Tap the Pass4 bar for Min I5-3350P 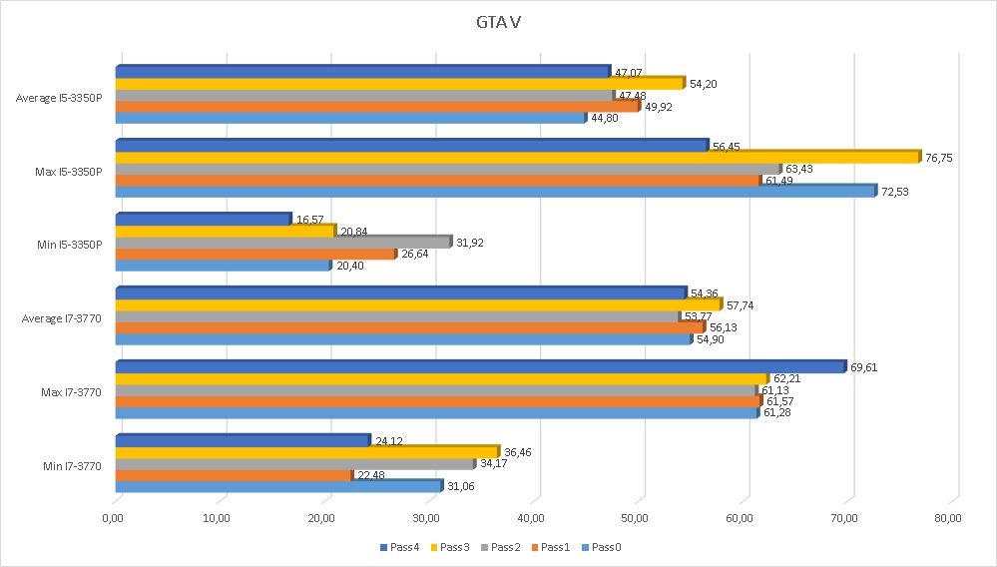click(x=204, y=220)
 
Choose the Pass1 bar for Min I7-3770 click(x=235, y=475)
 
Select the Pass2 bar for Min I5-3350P click(x=283, y=243)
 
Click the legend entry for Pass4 click(x=401, y=547)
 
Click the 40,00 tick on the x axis click(x=531, y=517)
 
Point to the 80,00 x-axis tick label click(x=949, y=517)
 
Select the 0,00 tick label click(x=113, y=517)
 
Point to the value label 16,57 click(x=310, y=220)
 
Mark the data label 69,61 click(x=865, y=367)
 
